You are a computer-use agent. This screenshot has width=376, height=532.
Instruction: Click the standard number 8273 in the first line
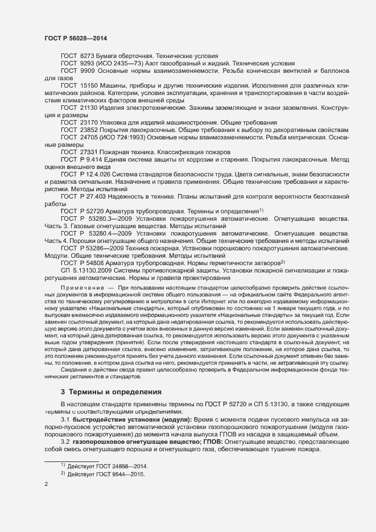(x=88, y=57)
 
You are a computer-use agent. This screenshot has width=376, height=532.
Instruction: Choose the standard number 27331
(x=90, y=152)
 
